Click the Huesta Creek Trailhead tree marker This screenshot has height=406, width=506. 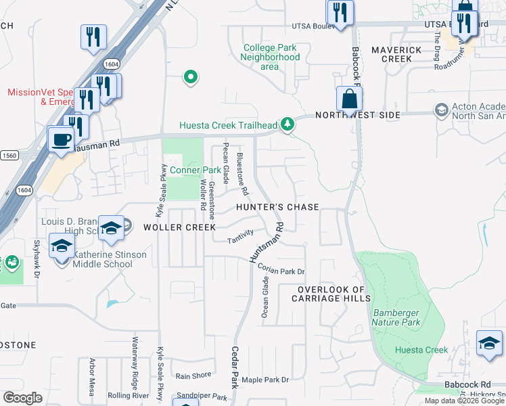click(x=288, y=124)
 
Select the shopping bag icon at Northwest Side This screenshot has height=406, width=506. click(x=349, y=99)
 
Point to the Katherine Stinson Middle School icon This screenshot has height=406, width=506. click(x=62, y=247)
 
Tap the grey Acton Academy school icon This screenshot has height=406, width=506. click(x=442, y=110)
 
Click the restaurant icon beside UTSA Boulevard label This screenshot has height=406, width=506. click(x=340, y=13)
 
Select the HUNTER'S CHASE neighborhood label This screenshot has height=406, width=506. click(x=277, y=207)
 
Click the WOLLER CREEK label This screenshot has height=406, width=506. click(x=179, y=227)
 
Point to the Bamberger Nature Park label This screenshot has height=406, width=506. click(x=396, y=317)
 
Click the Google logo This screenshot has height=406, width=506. click(x=22, y=398)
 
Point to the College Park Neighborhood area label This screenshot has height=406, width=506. click(x=270, y=57)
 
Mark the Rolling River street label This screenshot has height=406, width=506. click(x=128, y=395)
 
